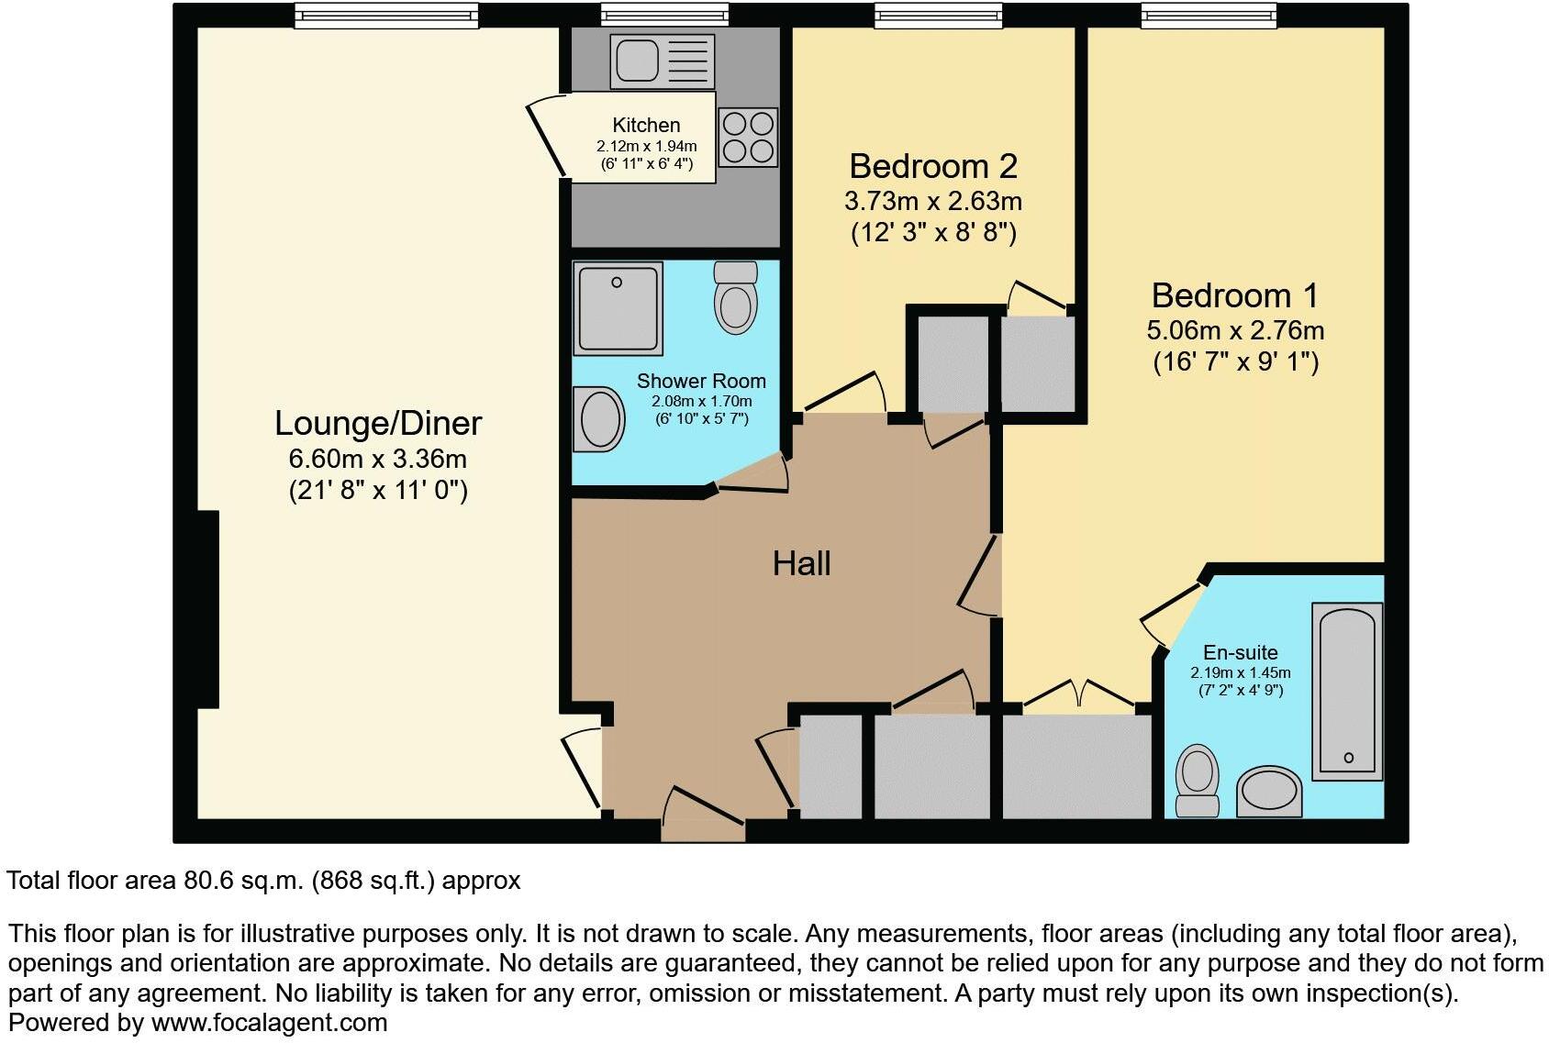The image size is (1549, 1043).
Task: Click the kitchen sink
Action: (x=661, y=61)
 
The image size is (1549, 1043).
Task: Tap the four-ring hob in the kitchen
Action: (x=748, y=137)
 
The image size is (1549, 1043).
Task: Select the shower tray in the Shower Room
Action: (x=618, y=308)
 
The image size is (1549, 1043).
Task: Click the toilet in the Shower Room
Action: (x=735, y=296)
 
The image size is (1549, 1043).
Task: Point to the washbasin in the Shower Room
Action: (x=598, y=419)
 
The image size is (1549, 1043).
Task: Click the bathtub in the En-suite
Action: (x=1347, y=691)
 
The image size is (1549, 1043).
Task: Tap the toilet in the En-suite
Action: (x=1198, y=780)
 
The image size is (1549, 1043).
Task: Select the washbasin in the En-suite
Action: (x=1269, y=792)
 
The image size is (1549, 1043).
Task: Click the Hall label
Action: (x=801, y=563)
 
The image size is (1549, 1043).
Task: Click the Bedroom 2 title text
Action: (x=933, y=166)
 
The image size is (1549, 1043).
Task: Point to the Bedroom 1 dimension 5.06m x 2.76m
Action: (x=1235, y=330)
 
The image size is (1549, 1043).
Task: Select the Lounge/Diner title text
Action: (x=378, y=423)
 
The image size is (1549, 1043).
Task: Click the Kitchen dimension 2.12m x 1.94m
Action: (x=646, y=146)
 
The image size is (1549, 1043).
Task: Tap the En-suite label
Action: (x=1240, y=652)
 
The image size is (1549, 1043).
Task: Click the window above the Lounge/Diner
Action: (x=386, y=15)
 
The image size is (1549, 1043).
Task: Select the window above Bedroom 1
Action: (x=1209, y=15)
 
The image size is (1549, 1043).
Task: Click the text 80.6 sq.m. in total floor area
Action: (x=243, y=881)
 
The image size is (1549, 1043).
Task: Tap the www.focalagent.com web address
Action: (x=269, y=1022)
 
